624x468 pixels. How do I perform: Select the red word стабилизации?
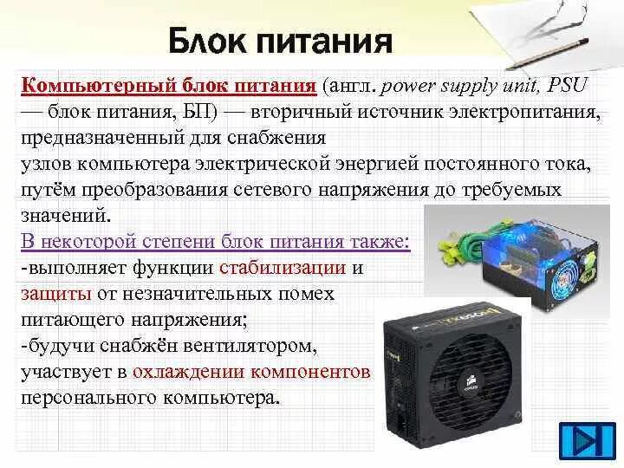[283, 267]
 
